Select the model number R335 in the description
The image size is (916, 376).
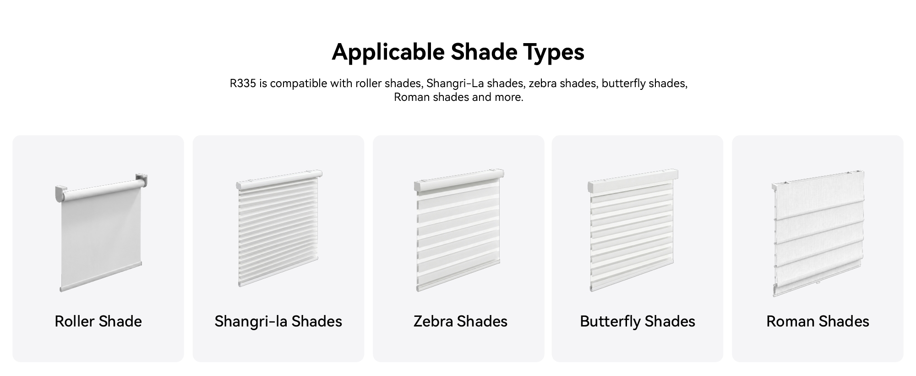243,83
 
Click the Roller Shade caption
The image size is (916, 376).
98,321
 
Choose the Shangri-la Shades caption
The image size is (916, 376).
278,321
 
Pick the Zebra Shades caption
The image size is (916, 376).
460,321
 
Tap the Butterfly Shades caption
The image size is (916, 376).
637,321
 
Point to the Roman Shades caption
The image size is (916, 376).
818,321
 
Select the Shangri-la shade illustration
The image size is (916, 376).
279,228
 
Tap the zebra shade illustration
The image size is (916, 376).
459,230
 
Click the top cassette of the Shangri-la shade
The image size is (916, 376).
279,180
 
